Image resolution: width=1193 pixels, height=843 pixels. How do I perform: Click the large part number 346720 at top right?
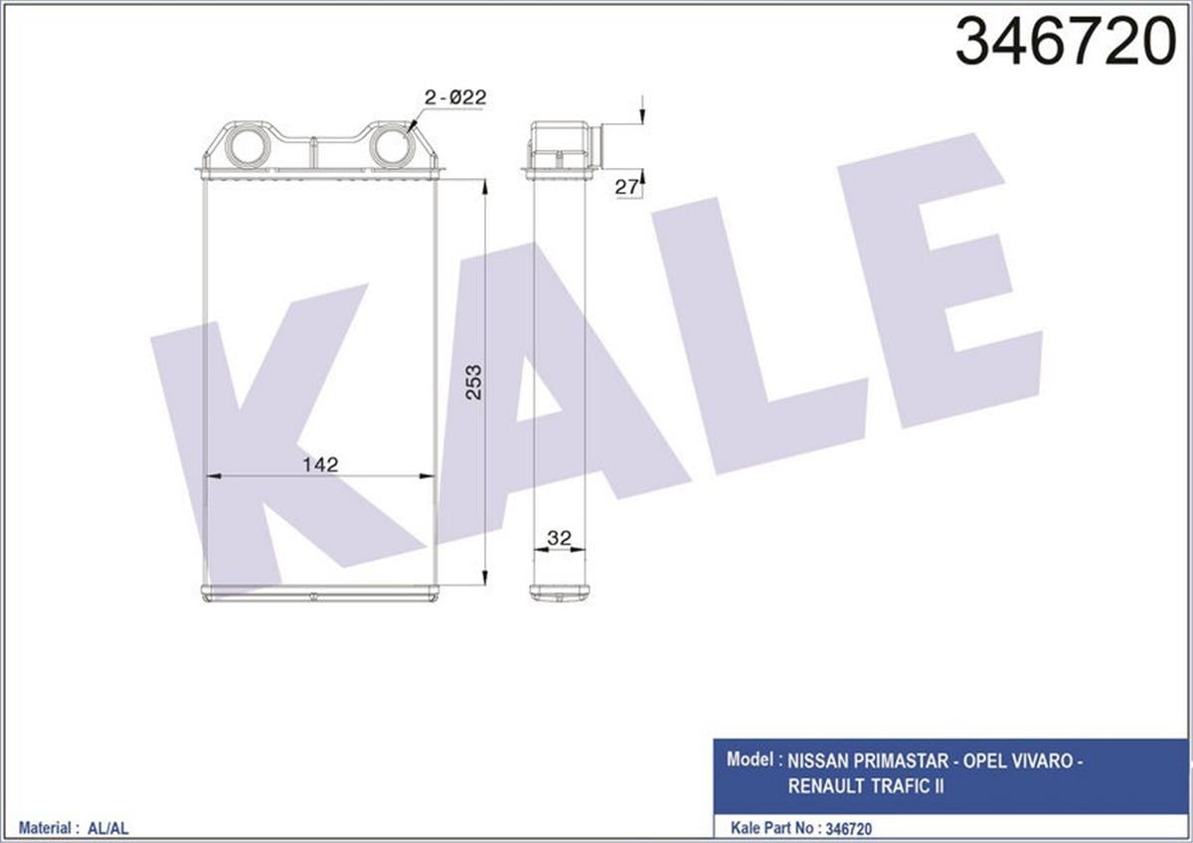click(1065, 43)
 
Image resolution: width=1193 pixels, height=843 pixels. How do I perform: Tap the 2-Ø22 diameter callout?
click(454, 97)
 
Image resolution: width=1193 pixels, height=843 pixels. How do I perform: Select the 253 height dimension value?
click(474, 382)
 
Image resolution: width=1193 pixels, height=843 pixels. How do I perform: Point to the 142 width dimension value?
click(321, 464)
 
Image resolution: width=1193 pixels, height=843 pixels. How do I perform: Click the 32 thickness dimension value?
click(559, 538)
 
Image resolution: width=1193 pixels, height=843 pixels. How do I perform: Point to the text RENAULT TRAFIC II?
click(866, 786)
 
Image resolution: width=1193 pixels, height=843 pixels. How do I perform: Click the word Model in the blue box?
click(751, 760)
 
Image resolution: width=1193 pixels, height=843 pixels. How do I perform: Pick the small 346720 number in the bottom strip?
click(849, 827)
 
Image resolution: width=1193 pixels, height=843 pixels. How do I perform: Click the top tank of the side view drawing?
click(560, 147)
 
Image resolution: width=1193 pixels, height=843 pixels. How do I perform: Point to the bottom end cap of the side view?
click(560, 592)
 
